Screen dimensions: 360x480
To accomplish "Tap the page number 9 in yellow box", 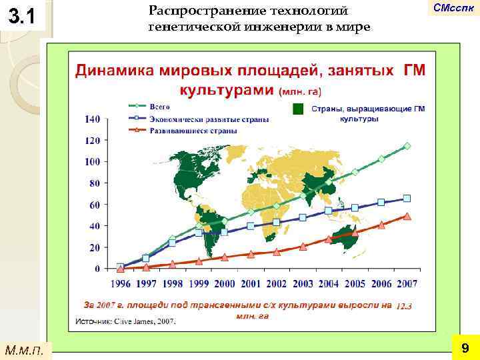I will click(464, 347).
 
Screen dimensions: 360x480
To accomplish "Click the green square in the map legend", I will click(298, 110).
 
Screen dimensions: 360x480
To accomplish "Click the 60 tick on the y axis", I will click(95, 205).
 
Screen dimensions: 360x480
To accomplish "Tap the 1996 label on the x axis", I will click(120, 284).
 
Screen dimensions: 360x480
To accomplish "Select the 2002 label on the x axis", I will click(276, 284).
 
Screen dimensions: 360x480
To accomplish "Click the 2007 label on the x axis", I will click(406, 284).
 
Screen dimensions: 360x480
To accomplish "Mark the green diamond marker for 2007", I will click(407, 146).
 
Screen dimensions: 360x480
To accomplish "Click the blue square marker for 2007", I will click(407, 199).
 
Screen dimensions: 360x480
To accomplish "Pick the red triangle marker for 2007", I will click(407, 216).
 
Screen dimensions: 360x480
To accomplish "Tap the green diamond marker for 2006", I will click(381, 159).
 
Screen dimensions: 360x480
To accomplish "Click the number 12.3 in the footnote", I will click(404, 306).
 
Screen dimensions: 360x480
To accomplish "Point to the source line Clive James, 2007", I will click(126, 321).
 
